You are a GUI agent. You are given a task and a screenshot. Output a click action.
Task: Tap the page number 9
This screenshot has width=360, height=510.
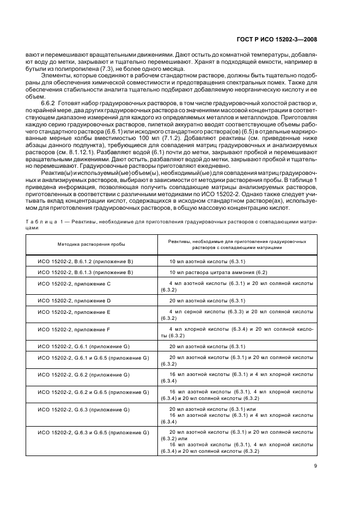(316, 465)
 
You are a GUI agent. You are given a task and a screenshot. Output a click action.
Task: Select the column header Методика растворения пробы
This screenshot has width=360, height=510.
(88, 244)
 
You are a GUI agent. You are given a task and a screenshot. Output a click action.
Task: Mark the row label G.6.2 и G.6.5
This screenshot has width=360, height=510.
(93, 392)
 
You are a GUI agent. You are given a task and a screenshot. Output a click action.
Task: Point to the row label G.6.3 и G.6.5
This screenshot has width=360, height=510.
(93, 432)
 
